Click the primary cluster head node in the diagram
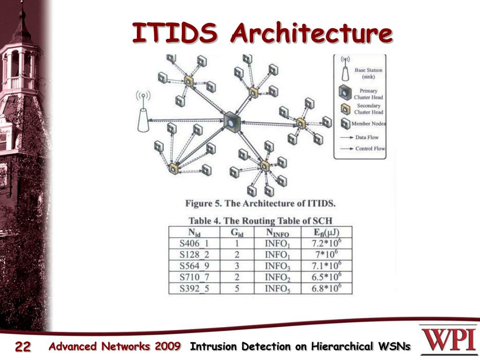pos(232,122)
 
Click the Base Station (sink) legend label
pos(368,73)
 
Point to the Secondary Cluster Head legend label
pos(368,109)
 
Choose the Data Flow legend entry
pos(367,137)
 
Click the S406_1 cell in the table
pos(194,243)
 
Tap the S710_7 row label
pos(194,277)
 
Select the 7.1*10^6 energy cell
pos(326,266)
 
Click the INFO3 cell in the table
pos(277,266)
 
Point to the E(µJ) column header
pos(326,232)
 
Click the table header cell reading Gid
pos(237,232)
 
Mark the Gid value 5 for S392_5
pos(237,288)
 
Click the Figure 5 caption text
pos(260,203)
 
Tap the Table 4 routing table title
pos(261,220)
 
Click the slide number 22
pos(22,347)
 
